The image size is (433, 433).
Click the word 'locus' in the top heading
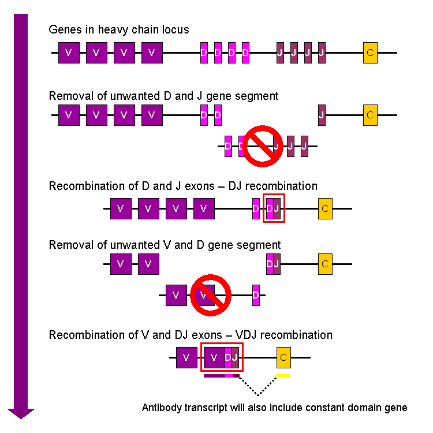pyautogui.click(x=175, y=29)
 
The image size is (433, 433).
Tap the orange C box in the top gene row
pyautogui.click(x=370, y=53)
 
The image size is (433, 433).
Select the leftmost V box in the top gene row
pyautogui.click(x=69, y=53)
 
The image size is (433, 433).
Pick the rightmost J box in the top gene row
pyautogui.click(x=322, y=53)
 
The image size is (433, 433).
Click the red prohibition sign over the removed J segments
pyautogui.click(x=262, y=145)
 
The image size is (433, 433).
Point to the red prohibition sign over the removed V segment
pyautogui.click(x=211, y=295)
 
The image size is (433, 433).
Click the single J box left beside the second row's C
pyautogui.click(x=322, y=115)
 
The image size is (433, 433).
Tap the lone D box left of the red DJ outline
pyautogui.click(x=256, y=208)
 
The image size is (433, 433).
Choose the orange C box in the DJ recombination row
pyautogui.click(x=325, y=208)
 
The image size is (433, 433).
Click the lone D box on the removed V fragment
pyautogui.click(x=256, y=295)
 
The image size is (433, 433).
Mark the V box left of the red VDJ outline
pyautogui.click(x=186, y=357)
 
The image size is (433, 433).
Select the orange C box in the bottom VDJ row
pyautogui.click(x=283, y=357)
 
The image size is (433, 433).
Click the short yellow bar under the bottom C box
pyautogui.click(x=283, y=376)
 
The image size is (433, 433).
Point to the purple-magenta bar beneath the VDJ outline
pyautogui.click(x=222, y=376)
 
